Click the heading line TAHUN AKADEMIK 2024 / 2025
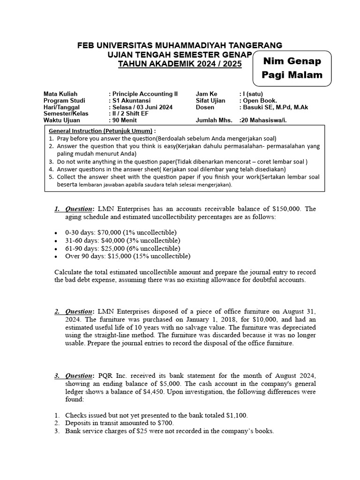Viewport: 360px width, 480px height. (180, 64)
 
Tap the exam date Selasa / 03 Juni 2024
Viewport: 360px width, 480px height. (141, 107)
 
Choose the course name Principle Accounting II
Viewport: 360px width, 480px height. (145, 94)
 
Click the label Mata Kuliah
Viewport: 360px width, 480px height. (60, 94)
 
